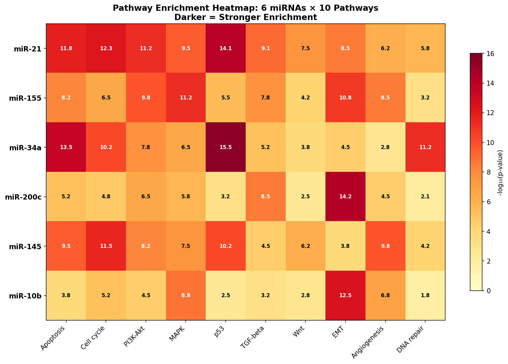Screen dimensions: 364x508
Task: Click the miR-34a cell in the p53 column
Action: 226,147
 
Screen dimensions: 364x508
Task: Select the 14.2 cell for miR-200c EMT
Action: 345,196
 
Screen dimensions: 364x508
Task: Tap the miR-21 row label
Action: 28,48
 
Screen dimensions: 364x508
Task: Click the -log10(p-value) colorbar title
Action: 500,172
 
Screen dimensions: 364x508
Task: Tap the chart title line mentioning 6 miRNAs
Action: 245,8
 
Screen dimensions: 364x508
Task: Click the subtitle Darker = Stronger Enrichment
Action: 245,18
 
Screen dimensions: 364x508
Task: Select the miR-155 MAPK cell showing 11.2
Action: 186,98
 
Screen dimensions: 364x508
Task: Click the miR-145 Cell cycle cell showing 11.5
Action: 106,246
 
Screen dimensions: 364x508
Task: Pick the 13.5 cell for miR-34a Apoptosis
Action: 66,147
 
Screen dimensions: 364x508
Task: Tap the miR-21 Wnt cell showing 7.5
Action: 305,48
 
